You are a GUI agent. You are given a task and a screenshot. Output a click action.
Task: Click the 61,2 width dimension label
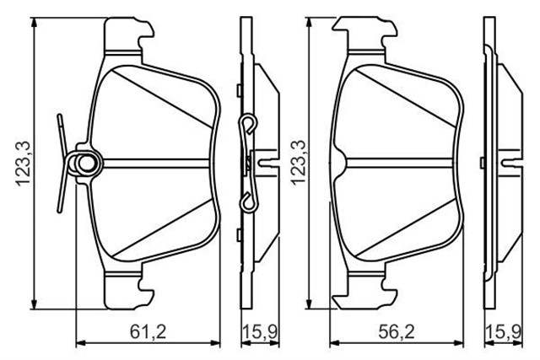148,331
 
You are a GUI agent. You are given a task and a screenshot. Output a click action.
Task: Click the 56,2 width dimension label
397,331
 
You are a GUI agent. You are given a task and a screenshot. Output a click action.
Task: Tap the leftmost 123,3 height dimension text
24,163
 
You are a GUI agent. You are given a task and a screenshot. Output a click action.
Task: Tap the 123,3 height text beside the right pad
298,163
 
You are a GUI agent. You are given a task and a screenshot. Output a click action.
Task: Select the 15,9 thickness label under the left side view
261,331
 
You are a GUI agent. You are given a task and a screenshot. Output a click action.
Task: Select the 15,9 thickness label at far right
504,331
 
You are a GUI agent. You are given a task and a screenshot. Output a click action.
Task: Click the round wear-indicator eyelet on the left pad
84,163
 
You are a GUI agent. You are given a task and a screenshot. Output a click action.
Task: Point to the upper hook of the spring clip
250,124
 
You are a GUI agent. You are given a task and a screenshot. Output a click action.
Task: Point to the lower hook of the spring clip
249,203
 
